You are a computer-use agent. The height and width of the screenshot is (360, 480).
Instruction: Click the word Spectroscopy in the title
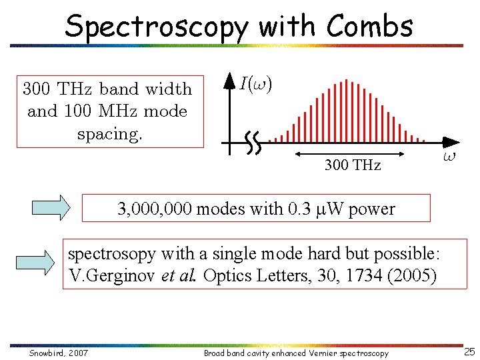(157, 27)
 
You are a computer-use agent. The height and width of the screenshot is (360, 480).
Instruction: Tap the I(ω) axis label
(256, 84)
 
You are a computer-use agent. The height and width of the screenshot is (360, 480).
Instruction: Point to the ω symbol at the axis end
(449, 157)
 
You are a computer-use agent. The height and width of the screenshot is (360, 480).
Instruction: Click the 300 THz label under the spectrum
(352, 165)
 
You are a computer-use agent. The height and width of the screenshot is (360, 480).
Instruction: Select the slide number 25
(469, 352)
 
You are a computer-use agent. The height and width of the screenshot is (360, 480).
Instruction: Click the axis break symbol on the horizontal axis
(253, 141)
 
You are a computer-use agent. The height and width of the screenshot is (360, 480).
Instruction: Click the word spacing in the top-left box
(110, 133)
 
